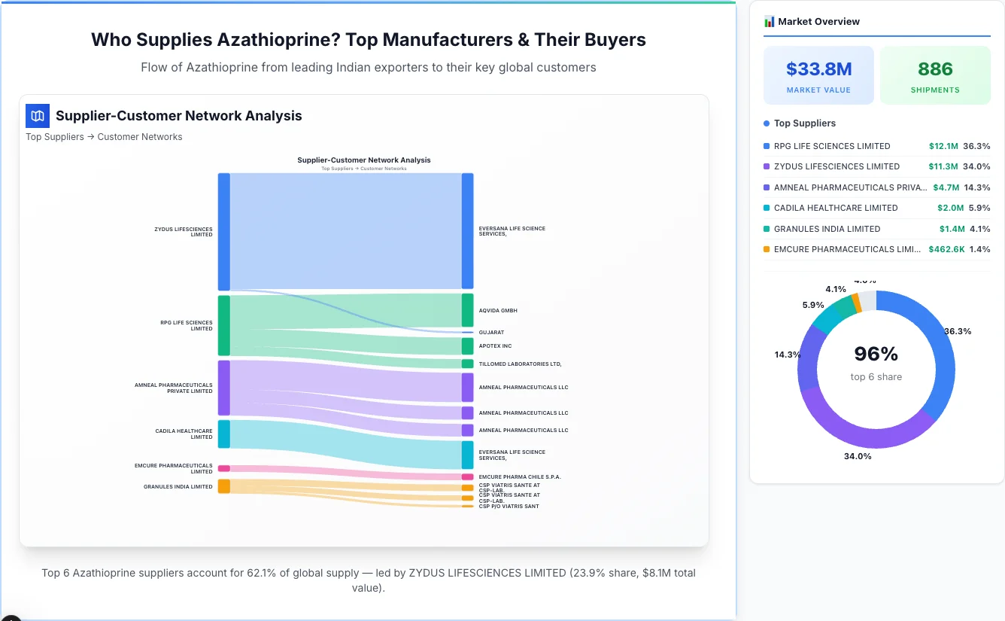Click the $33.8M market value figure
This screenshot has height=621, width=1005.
818,69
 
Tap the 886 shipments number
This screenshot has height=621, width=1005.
935,69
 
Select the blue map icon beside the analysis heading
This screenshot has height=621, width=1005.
37,116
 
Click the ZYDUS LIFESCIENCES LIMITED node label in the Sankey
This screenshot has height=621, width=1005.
184,232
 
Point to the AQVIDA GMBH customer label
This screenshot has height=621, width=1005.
498,310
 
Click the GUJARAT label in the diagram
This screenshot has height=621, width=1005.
491,332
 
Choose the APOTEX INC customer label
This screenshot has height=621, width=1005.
495,346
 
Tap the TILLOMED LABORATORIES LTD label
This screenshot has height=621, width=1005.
520,364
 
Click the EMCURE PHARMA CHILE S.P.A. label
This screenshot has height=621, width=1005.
520,476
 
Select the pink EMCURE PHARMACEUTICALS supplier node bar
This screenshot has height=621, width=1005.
224,468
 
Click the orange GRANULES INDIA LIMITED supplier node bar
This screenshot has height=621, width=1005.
224,486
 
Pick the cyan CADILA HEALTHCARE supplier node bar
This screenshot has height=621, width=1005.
224,434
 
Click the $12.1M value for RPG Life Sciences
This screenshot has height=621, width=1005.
943,146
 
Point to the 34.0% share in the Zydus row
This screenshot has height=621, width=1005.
976,166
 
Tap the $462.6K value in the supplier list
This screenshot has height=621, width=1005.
946,249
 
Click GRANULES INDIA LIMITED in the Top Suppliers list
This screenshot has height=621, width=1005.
827,229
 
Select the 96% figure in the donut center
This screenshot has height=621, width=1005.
876,354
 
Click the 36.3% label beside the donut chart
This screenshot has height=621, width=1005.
958,331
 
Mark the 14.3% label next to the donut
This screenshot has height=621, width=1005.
788,355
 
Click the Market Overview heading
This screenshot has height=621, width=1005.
818,22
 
